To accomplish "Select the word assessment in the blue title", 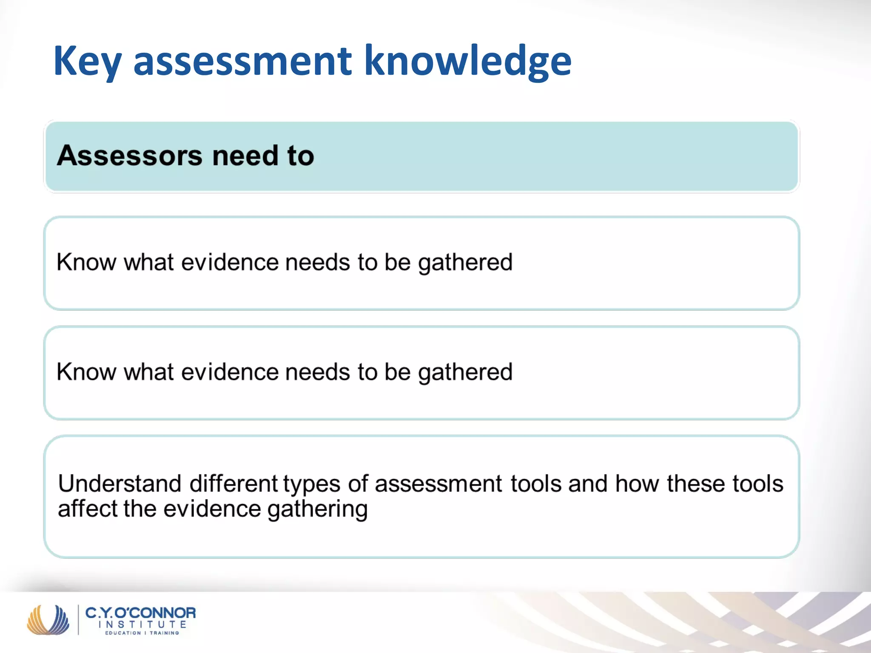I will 243,62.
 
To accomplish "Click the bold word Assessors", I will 130,156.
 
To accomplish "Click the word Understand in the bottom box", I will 120,484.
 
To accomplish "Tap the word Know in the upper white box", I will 86,262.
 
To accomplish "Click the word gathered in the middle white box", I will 465,372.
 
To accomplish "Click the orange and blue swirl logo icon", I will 48,619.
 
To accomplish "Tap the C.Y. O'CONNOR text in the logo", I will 141,613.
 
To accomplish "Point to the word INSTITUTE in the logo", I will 142,625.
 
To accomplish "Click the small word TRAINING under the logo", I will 165,633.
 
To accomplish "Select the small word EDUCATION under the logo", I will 123,633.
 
